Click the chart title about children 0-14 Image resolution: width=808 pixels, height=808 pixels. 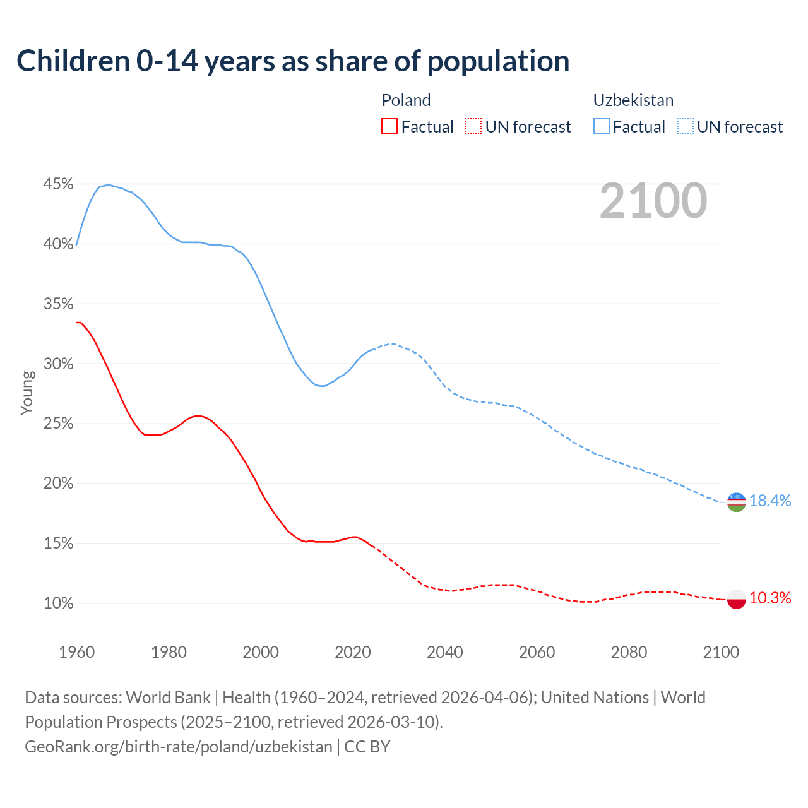point(293,61)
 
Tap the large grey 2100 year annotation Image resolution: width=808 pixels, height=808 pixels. point(653,201)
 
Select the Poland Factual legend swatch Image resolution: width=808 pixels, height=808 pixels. point(389,126)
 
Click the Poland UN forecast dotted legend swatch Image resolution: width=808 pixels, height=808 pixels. point(473,126)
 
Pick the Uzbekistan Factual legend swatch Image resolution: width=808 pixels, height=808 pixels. point(602,126)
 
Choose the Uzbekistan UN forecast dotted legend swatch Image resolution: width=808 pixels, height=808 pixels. point(686,126)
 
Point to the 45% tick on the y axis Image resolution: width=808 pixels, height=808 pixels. point(58,184)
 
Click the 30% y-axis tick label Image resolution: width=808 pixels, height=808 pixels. point(58,364)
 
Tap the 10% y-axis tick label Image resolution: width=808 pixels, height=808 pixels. point(58,603)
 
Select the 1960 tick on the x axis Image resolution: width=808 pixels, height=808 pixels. point(77,652)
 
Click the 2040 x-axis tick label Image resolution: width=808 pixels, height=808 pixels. point(445,652)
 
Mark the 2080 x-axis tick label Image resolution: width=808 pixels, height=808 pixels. point(629,652)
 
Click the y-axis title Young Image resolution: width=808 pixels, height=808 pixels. point(27,393)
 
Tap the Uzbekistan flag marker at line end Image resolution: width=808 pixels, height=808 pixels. point(737,502)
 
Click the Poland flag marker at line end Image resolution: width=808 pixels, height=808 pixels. point(737,598)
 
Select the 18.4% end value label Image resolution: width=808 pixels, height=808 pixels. point(770,501)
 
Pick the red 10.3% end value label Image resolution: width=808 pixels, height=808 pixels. point(770,598)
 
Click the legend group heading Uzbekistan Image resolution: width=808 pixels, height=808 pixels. point(633,100)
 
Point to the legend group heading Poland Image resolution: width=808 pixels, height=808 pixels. point(406,100)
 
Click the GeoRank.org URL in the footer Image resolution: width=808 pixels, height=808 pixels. point(178,747)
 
